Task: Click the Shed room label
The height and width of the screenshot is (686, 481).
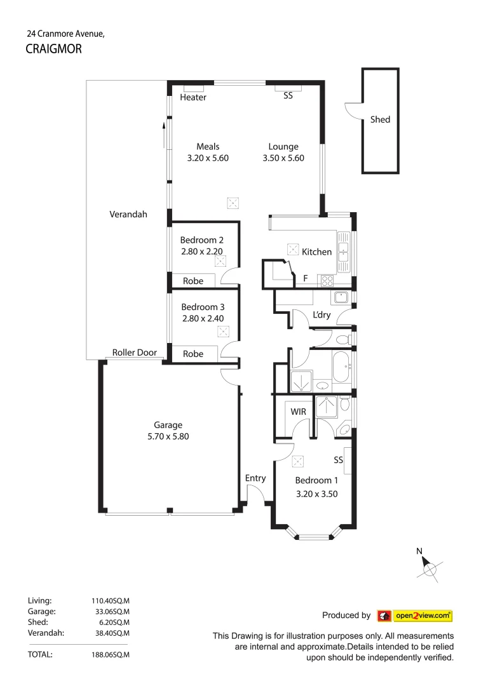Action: pos(380,119)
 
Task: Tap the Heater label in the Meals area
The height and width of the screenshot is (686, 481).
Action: pos(193,98)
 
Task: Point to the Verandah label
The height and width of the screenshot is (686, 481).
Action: pos(128,215)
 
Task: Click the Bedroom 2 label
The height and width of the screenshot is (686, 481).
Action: pos(201,240)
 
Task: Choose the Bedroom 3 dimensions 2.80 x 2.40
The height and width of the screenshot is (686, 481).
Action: pos(201,319)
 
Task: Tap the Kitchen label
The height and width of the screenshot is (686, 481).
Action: pos(316,252)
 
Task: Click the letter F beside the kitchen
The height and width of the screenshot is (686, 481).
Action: pos(306,278)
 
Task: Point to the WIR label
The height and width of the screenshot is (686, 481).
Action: pos(299,412)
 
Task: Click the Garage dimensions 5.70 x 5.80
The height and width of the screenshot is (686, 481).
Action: pos(168,436)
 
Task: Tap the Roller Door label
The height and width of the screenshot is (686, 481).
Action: pos(134,353)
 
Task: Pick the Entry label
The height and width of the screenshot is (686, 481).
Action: pos(255,478)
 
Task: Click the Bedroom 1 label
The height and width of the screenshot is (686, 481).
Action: pos(313,480)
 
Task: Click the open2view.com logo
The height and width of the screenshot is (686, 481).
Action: pos(415,615)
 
